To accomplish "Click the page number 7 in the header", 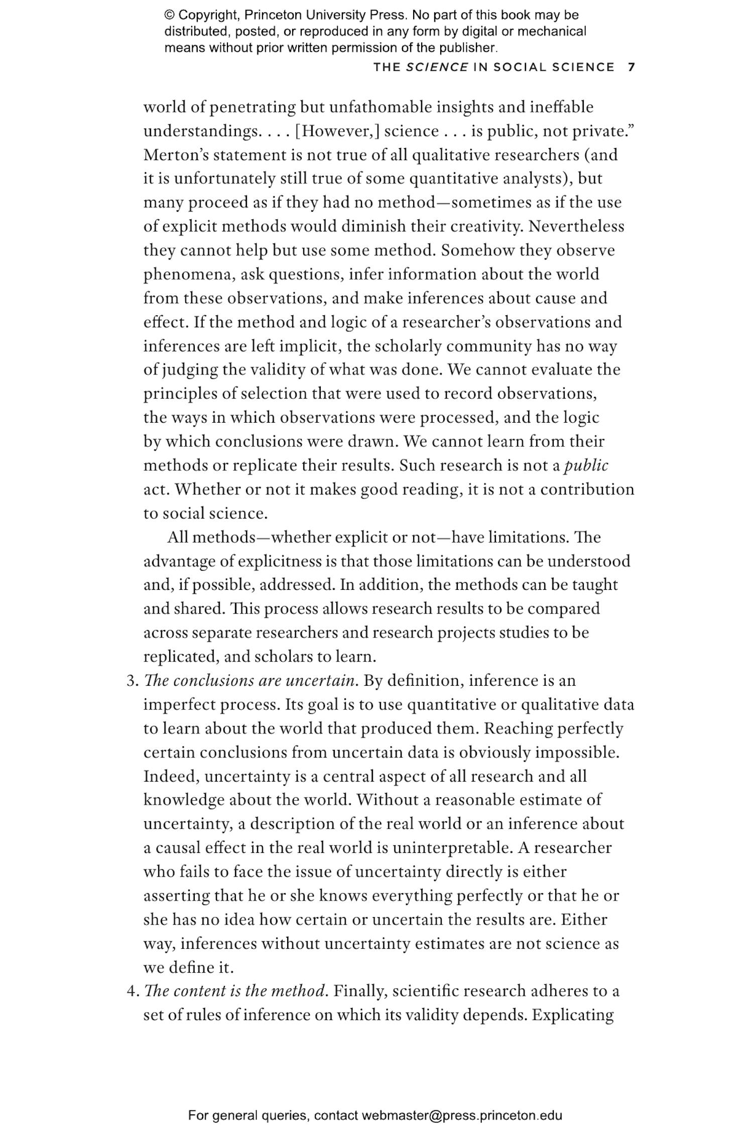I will pyautogui.click(x=632, y=67).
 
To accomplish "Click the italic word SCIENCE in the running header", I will pyautogui.click(x=437, y=67).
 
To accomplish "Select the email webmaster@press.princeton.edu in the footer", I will pyautogui.click(x=461, y=1115).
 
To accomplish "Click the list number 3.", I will pyautogui.click(x=132, y=681).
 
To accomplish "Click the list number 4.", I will pyautogui.click(x=132, y=991).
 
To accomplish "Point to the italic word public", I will pyautogui.click(x=586, y=465).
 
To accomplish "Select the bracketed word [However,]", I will pyautogui.click(x=337, y=131).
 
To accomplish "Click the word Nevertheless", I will pyautogui.click(x=576, y=226).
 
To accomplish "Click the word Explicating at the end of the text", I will pyautogui.click(x=573, y=1015).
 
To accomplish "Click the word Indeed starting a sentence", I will pyautogui.click(x=171, y=777).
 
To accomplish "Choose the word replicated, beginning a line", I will pyautogui.click(x=181, y=657).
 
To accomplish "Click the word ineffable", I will pyautogui.click(x=562, y=107).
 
